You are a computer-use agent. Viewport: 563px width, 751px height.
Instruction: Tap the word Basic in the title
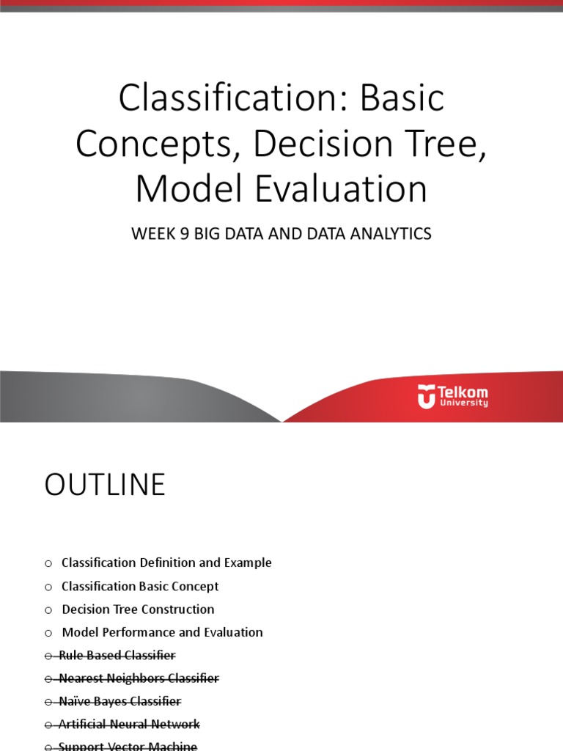[402, 99]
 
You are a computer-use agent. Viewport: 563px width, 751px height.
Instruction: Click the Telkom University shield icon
[426, 397]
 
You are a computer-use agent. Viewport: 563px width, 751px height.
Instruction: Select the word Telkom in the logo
[463, 392]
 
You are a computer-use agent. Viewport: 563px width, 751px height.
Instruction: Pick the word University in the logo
[463, 403]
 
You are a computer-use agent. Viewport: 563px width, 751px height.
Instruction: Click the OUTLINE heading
[105, 486]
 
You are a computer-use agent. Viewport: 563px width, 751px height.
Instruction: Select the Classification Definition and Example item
[166, 563]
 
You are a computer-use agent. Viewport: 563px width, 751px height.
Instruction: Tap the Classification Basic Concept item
[140, 587]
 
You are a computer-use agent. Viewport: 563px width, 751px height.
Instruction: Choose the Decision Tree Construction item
[138, 609]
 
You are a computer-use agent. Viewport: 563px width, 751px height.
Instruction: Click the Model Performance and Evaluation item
[162, 632]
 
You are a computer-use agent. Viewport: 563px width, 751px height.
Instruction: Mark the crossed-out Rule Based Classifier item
[117, 655]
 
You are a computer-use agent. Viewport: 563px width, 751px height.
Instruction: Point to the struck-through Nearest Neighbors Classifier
[139, 678]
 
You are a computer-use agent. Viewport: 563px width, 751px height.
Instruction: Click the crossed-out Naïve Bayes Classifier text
[119, 701]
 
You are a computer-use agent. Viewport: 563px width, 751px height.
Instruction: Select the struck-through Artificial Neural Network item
[129, 725]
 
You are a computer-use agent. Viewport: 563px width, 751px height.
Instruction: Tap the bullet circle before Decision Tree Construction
[48, 609]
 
